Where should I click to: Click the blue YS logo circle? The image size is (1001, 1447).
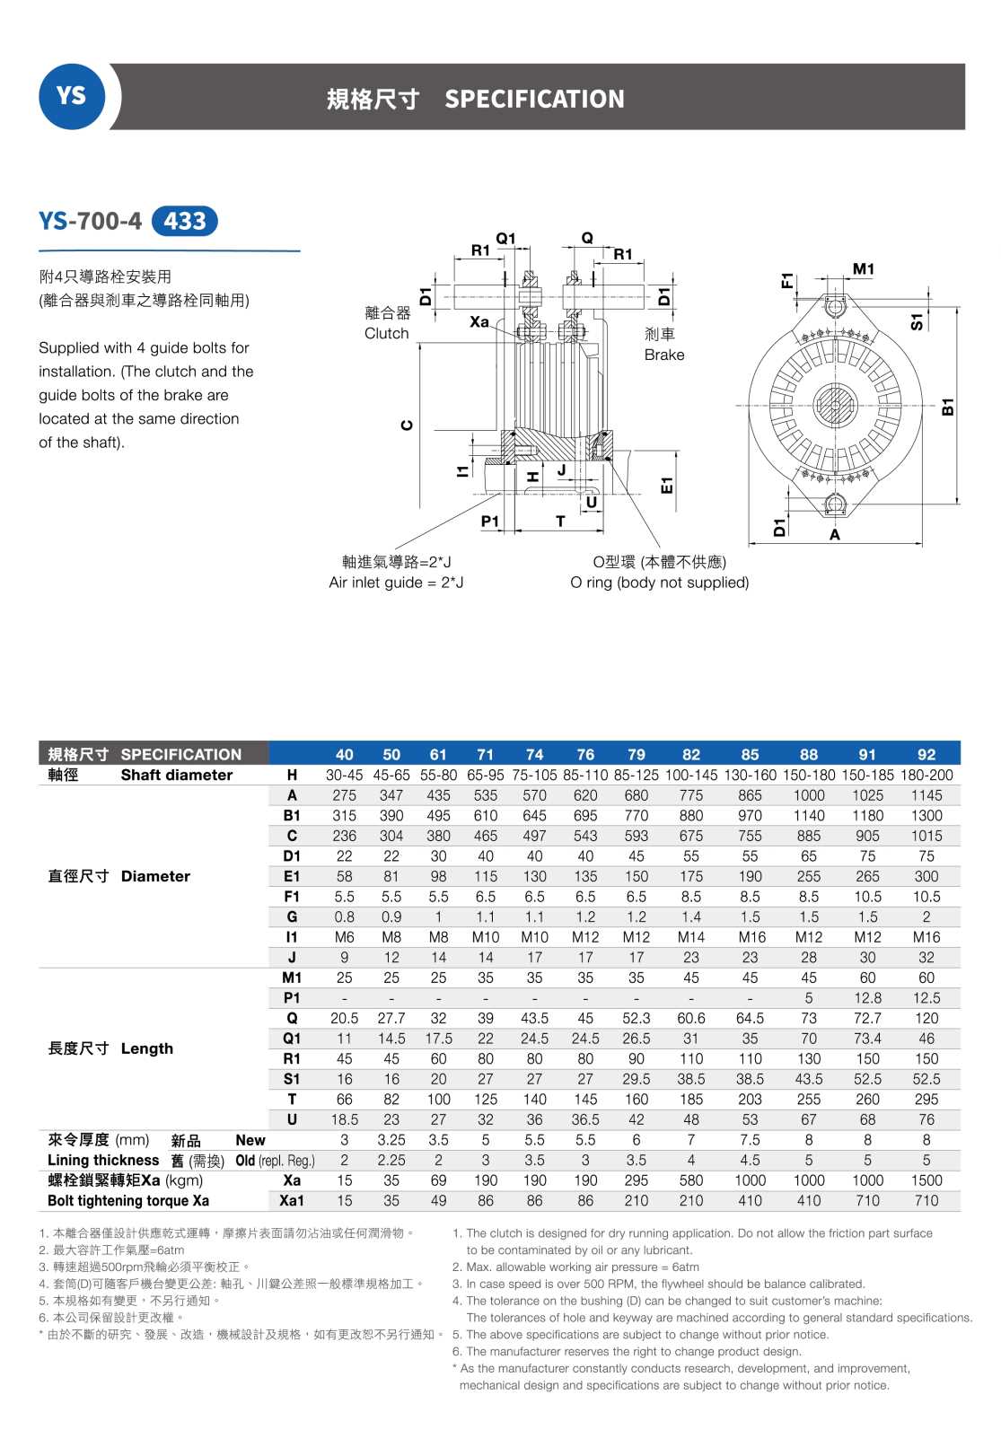pyautogui.click(x=71, y=96)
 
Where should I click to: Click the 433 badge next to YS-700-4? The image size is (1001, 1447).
pyautogui.click(x=185, y=221)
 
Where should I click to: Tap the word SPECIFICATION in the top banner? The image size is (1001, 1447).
pyautogui.click(x=534, y=99)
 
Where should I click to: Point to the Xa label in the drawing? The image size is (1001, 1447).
pyautogui.click(x=479, y=321)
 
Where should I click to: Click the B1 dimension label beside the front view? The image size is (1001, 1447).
pyautogui.click(x=947, y=407)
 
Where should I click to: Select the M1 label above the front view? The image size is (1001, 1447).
pyautogui.click(x=863, y=268)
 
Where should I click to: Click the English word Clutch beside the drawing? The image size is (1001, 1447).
pyautogui.click(x=386, y=333)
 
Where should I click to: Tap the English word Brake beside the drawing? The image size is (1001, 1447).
pyautogui.click(x=663, y=355)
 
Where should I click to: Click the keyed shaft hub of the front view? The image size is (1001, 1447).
pyautogui.click(x=834, y=406)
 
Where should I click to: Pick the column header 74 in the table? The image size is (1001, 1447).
pyautogui.click(x=534, y=755)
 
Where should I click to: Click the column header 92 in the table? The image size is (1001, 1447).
pyautogui.click(x=926, y=755)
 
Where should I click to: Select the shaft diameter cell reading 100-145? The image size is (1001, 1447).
pyautogui.click(x=690, y=775)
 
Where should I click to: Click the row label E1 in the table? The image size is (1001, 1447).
pyautogui.click(x=292, y=876)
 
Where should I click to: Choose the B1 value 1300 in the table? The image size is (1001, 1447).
pyautogui.click(x=926, y=815)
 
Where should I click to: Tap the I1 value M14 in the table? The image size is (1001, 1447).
pyautogui.click(x=690, y=937)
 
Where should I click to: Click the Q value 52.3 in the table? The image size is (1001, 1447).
pyautogui.click(x=636, y=1018)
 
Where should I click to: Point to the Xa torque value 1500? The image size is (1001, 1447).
pyautogui.click(x=926, y=1180)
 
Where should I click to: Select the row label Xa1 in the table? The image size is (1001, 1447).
pyautogui.click(x=292, y=1201)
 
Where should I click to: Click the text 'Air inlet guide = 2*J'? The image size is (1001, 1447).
pyautogui.click(x=396, y=583)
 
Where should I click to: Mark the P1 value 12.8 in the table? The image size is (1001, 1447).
pyautogui.click(x=866, y=998)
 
